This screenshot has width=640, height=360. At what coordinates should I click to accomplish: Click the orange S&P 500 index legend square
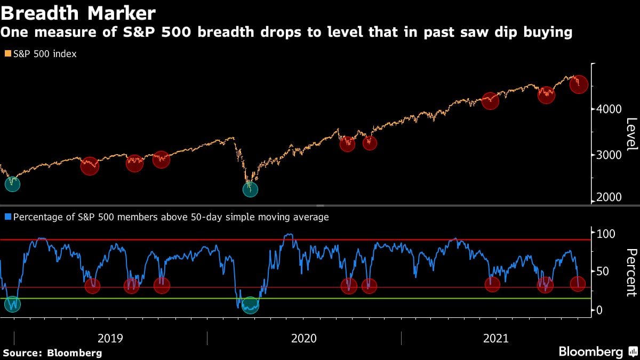tap(6, 54)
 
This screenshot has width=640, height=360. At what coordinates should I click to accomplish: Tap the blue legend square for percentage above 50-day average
tap(6, 217)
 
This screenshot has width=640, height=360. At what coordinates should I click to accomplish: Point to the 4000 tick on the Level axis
tap(609, 109)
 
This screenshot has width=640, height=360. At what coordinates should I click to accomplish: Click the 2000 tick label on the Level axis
tap(609, 197)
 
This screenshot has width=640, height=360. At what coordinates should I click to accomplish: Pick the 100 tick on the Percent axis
tap(605, 234)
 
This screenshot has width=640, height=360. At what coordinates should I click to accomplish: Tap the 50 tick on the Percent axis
tap(603, 272)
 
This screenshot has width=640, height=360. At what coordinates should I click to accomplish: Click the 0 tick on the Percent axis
tap(599, 310)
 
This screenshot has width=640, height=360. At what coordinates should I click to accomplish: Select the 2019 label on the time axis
tap(110, 338)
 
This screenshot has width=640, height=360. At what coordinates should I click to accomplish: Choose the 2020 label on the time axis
tap(304, 338)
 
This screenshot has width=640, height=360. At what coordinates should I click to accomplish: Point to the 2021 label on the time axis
tap(495, 338)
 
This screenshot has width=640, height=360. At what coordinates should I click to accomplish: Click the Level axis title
tap(630, 133)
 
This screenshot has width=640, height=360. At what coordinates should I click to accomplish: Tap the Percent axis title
tap(630, 272)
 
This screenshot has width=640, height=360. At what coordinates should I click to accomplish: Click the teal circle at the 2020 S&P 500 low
tap(250, 189)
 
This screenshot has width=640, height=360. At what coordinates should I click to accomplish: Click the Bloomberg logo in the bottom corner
tap(590, 352)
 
